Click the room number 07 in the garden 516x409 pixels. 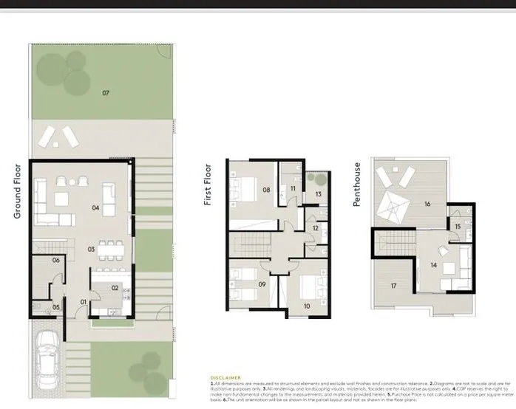pyautogui.click(x=106, y=93)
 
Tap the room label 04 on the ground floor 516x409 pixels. pyautogui.click(x=95, y=207)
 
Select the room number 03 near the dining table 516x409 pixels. pyautogui.click(x=92, y=250)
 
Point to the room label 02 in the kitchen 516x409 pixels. pyautogui.click(x=115, y=288)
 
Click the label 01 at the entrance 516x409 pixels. pyautogui.click(x=84, y=301)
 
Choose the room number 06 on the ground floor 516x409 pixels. pyautogui.click(x=55, y=261)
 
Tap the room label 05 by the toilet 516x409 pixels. pyautogui.click(x=55, y=306)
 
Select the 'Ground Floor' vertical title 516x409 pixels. pyautogui.click(x=17, y=190)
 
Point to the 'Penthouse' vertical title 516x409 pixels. pyautogui.click(x=358, y=184)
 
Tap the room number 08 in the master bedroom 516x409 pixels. pyautogui.click(x=265, y=190)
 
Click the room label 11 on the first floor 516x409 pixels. pyautogui.click(x=293, y=190)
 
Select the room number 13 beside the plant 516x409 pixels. pyautogui.click(x=318, y=193)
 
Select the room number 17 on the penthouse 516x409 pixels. pyautogui.click(x=394, y=286)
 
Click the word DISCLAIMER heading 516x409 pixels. pyautogui.click(x=225, y=377)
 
